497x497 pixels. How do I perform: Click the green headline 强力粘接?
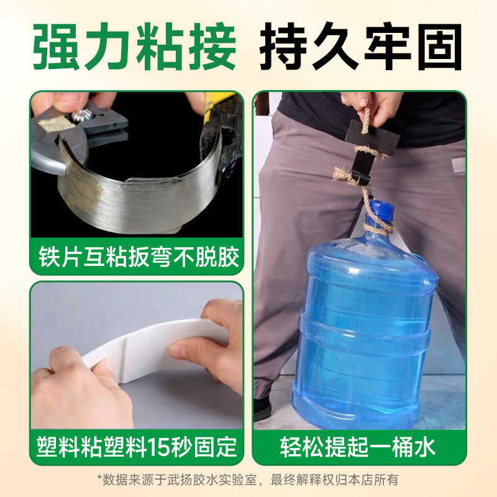[x=135, y=47]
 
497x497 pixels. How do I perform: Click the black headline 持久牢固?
[x=361, y=47]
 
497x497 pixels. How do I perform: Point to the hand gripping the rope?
[x=372, y=109]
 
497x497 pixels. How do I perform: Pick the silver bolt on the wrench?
[x=82, y=115]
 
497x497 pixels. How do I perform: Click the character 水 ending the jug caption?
[x=426, y=447]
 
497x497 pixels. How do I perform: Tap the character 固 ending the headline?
[x=439, y=47]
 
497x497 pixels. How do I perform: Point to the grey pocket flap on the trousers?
[x=458, y=165]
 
